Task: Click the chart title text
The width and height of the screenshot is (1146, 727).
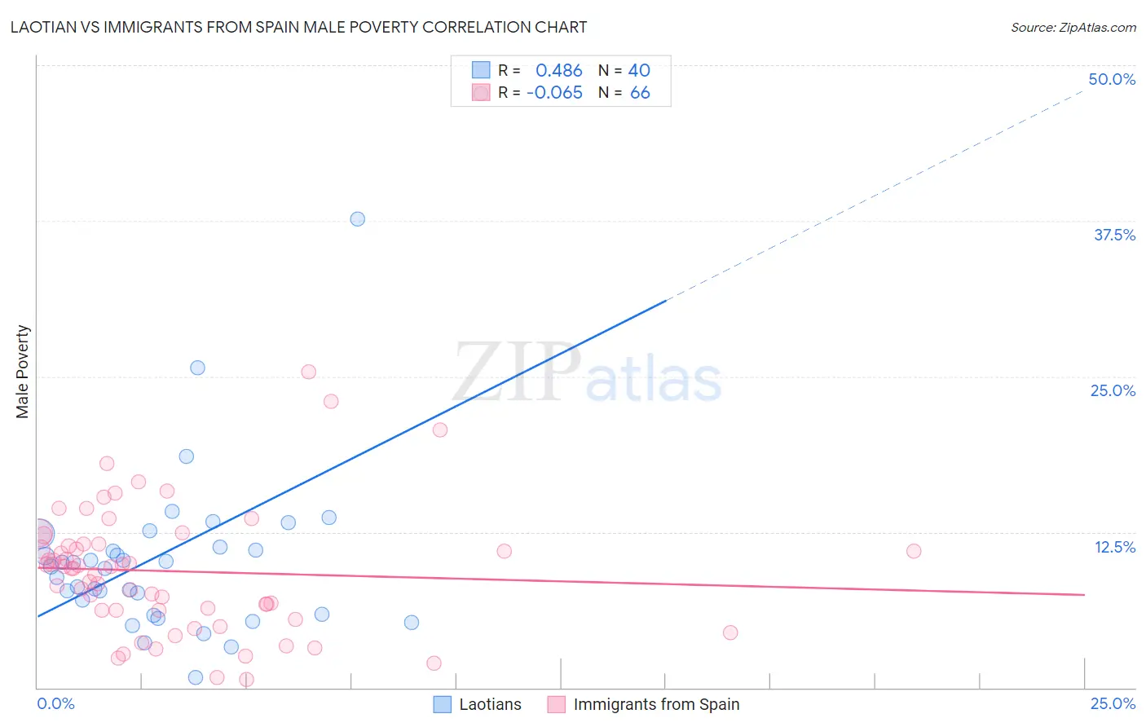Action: [298, 27]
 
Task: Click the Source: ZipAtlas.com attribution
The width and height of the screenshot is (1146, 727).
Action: [1073, 27]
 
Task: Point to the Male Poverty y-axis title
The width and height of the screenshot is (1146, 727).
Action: [23, 372]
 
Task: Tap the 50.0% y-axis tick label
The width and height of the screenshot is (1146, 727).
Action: [1112, 79]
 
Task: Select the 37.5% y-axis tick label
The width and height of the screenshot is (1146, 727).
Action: [1114, 235]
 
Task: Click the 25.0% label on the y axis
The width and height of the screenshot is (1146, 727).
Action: [1113, 390]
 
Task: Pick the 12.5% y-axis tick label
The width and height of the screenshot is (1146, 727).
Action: [1114, 547]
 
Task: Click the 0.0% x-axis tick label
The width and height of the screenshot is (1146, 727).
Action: [55, 703]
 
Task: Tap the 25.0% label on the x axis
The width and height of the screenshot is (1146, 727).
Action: [1113, 703]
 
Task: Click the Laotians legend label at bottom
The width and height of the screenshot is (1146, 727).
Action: [490, 704]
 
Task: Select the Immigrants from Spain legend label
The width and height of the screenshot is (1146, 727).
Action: [656, 704]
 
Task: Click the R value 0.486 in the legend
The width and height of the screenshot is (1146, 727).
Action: [558, 70]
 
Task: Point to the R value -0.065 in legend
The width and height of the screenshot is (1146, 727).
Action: [554, 93]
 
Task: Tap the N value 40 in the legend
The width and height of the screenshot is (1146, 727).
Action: [639, 70]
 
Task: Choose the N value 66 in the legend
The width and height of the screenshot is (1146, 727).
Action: [640, 93]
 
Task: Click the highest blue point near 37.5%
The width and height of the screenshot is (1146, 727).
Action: [357, 219]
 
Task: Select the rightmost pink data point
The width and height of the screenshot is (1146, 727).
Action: [914, 551]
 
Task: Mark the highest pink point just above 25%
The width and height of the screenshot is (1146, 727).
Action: [309, 372]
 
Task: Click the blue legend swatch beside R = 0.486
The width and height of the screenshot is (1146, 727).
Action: [481, 70]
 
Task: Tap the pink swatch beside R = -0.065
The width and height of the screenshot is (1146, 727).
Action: [481, 93]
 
